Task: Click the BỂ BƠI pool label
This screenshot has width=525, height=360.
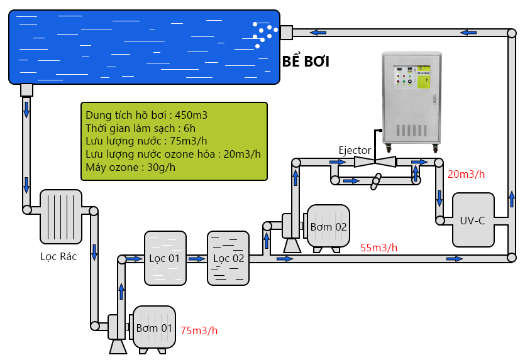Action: point(306,61)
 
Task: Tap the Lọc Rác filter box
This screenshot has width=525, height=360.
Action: point(61,217)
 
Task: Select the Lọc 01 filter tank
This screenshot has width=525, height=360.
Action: point(165,258)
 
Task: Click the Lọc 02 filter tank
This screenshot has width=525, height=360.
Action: point(228,258)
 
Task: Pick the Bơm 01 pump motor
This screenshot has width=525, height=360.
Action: point(154,327)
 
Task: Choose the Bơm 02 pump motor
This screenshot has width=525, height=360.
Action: point(328,227)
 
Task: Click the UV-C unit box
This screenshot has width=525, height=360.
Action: point(473,220)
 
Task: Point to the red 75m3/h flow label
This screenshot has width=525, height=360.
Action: point(199,330)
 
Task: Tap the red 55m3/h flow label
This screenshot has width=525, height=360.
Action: point(379,248)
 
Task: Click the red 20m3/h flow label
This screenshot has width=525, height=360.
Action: point(466,174)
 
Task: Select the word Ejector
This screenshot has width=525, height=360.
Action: point(355,150)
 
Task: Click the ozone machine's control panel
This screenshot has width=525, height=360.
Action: point(412,77)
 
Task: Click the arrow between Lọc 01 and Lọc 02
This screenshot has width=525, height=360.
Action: point(197,259)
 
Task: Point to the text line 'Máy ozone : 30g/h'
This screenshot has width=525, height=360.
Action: point(130,167)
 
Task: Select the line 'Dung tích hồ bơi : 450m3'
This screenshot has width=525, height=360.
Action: point(146,115)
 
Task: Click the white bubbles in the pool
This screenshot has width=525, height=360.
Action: point(265,35)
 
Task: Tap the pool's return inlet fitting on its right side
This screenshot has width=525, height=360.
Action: point(286,33)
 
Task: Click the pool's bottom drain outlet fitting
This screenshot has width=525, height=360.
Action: point(26,90)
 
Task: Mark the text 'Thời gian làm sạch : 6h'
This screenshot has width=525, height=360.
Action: point(140,128)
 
